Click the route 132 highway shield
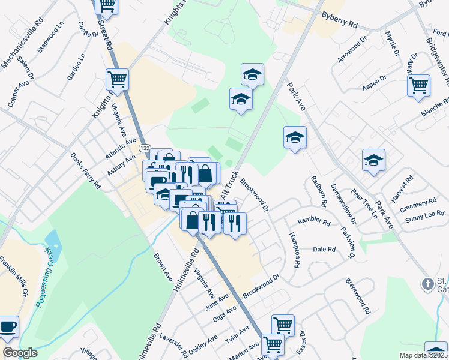(x=145, y=147)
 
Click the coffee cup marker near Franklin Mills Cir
(x=8, y=326)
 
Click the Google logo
(x=19, y=353)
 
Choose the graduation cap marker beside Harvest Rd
(x=373, y=160)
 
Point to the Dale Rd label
(x=324, y=248)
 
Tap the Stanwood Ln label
(x=50, y=38)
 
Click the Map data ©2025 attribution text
(x=424, y=355)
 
